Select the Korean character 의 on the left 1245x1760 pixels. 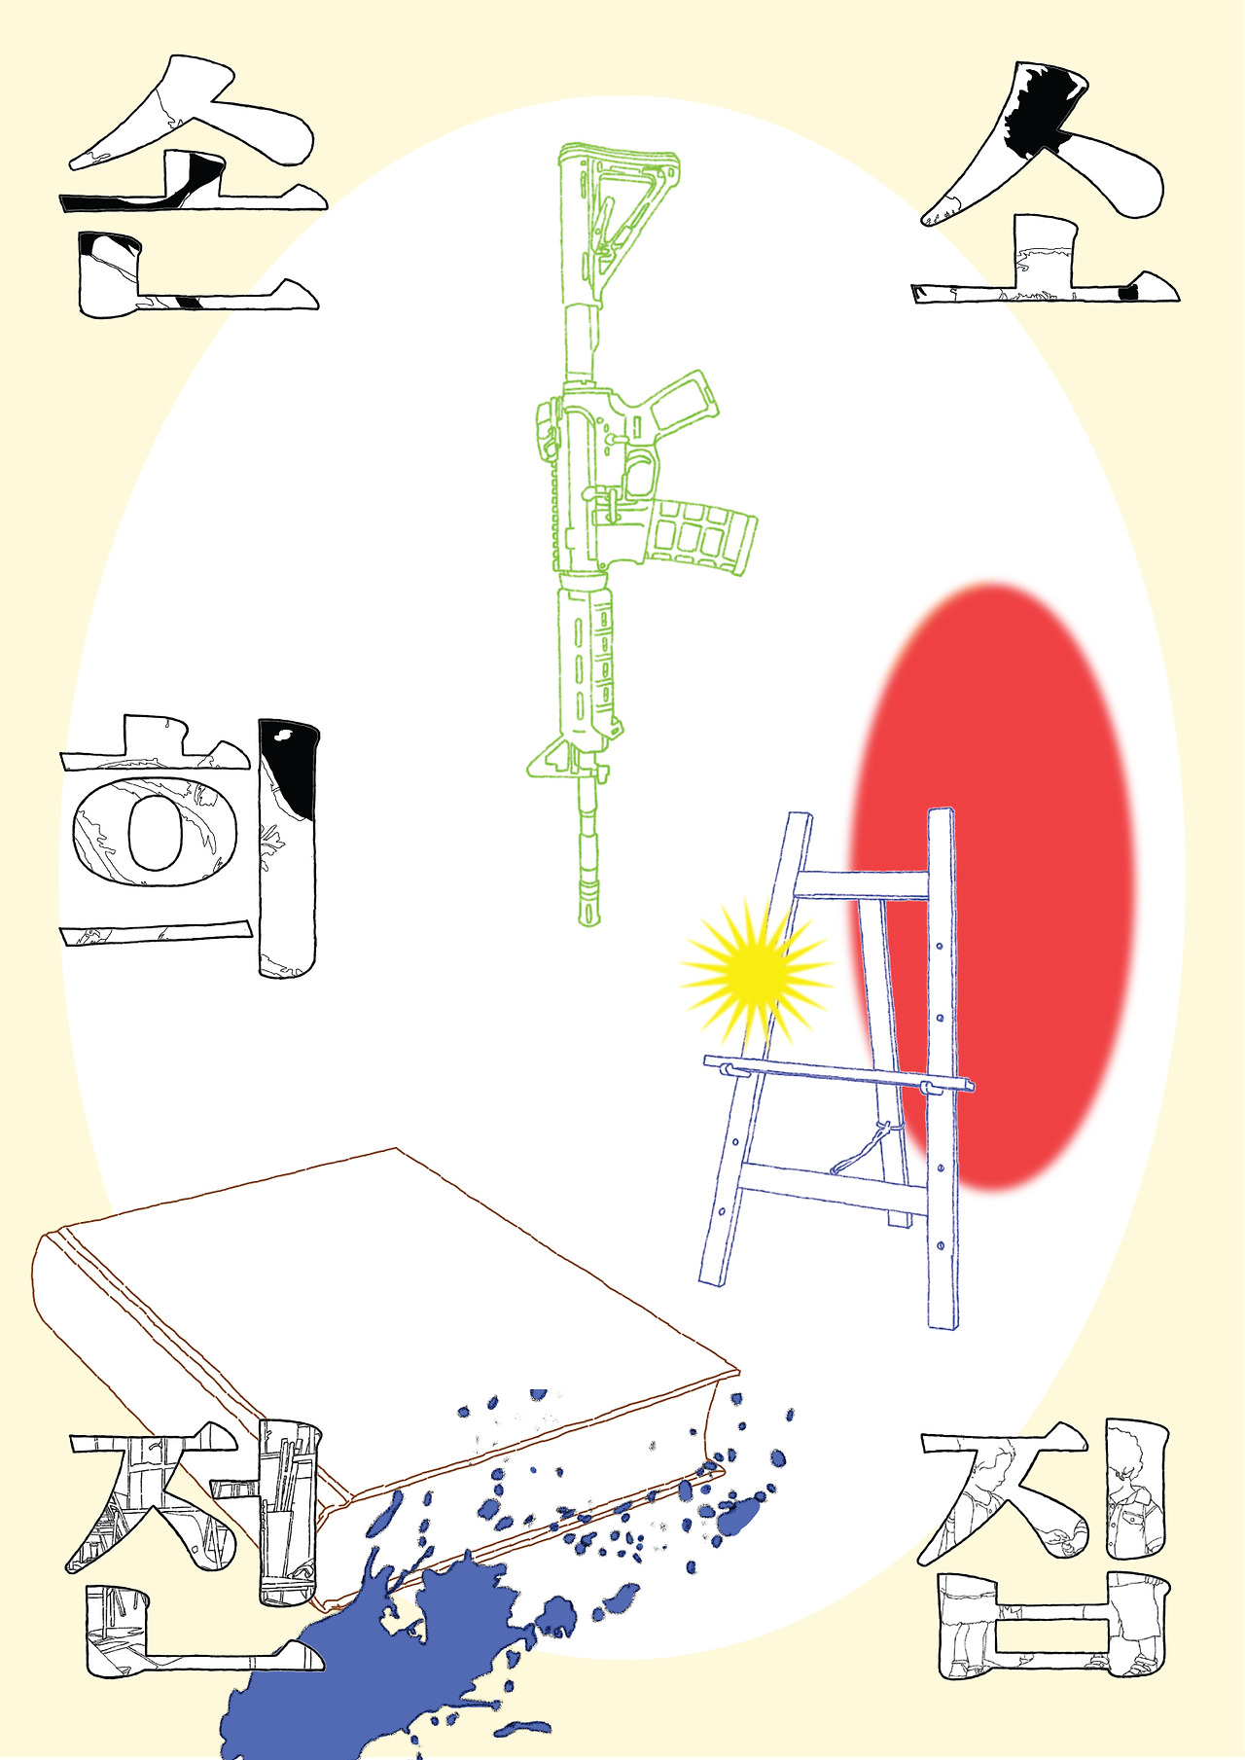pyautogui.click(x=190, y=846)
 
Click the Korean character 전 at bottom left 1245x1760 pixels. pyautogui.click(x=195, y=1557)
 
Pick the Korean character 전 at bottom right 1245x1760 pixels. pyautogui.click(x=1046, y=1557)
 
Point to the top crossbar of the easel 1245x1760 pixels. pyautogui.click(x=861, y=884)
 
